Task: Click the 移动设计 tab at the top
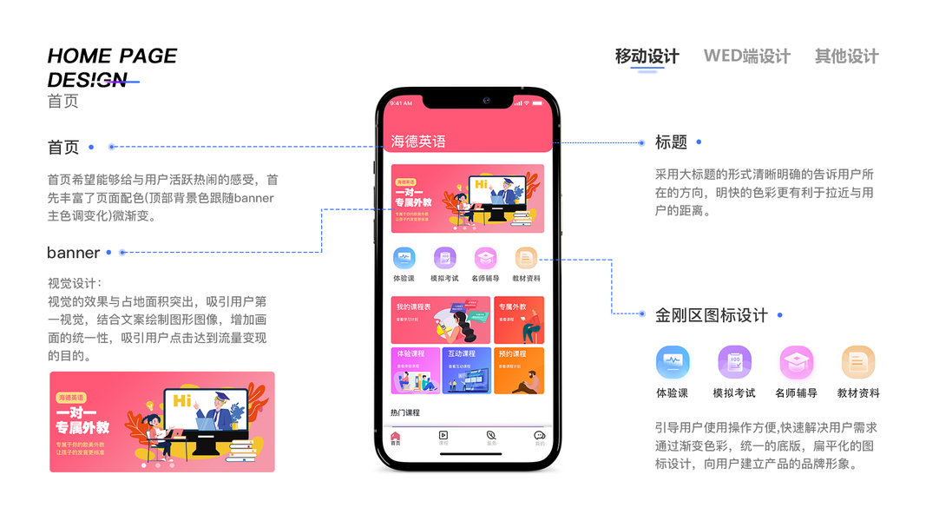click(x=647, y=56)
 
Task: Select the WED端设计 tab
click(x=746, y=56)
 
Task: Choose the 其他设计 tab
click(x=846, y=56)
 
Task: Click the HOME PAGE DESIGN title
click(x=112, y=68)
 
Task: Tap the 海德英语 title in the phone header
click(x=418, y=142)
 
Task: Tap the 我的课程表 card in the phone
click(x=440, y=320)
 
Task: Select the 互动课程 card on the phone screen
click(x=466, y=370)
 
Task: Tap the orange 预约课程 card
click(x=519, y=370)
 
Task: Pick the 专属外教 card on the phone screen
click(x=519, y=320)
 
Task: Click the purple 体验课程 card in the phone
click(x=416, y=370)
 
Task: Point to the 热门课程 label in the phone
click(x=405, y=412)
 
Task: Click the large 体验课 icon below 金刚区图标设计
click(x=673, y=362)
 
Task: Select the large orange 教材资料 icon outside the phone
click(x=857, y=362)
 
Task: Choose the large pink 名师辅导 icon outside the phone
click(x=796, y=362)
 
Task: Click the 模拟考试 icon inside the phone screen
click(x=444, y=258)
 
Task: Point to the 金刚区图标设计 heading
click(x=711, y=315)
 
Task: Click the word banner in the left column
click(x=73, y=253)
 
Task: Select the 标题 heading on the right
click(x=671, y=142)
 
